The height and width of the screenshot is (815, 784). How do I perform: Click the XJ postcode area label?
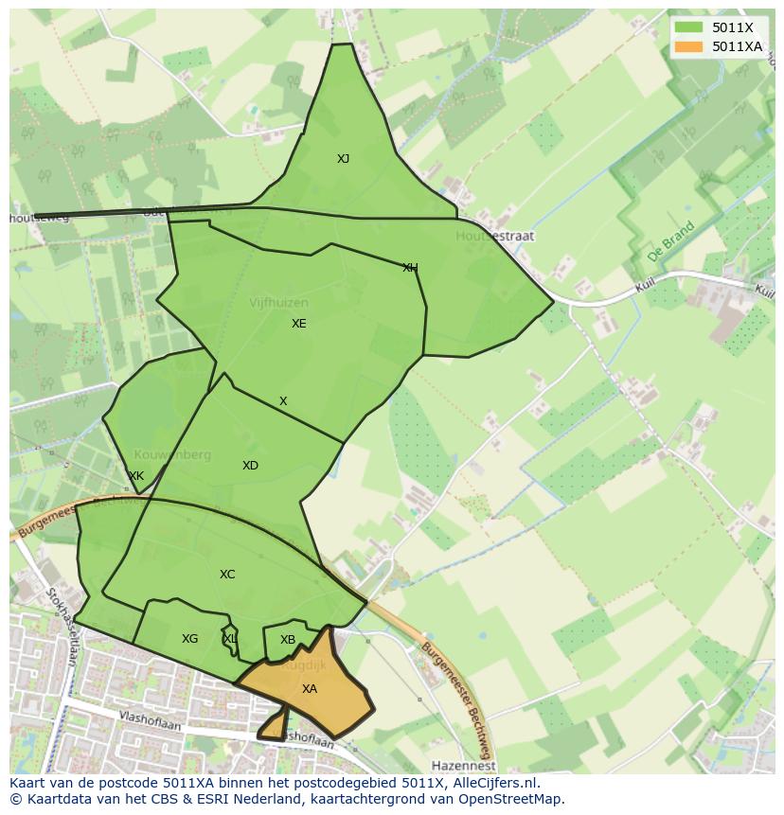pyautogui.click(x=343, y=159)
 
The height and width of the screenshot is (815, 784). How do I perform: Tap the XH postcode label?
pyautogui.click(x=410, y=268)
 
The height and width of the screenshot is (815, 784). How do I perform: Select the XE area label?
pyautogui.click(x=299, y=324)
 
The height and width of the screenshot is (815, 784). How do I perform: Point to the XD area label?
pyautogui.click(x=250, y=466)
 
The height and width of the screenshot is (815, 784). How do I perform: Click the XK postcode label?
pyautogui.click(x=136, y=476)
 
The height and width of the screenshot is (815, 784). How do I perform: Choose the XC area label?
pyautogui.click(x=227, y=575)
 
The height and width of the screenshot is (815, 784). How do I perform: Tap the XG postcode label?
pyautogui.click(x=190, y=639)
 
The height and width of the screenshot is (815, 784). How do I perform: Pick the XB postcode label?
pyautogui.click(x=288, y=640)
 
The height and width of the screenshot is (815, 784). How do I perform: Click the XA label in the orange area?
pyautogui.click(x=310, y=689)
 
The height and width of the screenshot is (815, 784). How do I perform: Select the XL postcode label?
pyautogui.click(x=230, y=639)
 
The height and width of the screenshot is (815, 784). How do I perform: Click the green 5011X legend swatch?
pyautogui.click(x=689, y=27)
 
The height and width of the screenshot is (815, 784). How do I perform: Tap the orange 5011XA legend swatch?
pyautogui.click(x=689, y=45)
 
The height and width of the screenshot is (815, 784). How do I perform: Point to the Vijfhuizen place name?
pyautogui.click(x=278, y=303)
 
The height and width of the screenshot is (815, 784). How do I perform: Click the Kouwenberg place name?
pyautogui.click(x=172, y=455)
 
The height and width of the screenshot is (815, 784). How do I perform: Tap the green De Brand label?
pyautogui.click(x=671, y=243)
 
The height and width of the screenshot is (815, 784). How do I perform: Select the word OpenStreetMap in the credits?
pyautogui.click(x=511, y=799)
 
